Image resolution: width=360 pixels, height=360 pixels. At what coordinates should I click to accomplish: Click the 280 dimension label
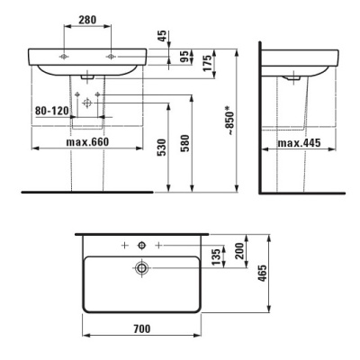click(x=86, y=20)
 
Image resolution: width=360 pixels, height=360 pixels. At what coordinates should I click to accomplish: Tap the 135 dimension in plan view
click(x=216, y=256)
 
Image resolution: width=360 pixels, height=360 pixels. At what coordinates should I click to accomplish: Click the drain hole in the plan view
click(x=141, y=267)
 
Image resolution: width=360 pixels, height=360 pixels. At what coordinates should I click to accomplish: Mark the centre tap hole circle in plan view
click(x=141, y=245)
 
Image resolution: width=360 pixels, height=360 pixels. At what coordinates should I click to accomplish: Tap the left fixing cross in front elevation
click(x=63, y=55)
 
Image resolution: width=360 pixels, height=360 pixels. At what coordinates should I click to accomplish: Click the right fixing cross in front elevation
click(x=112, y=55)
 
